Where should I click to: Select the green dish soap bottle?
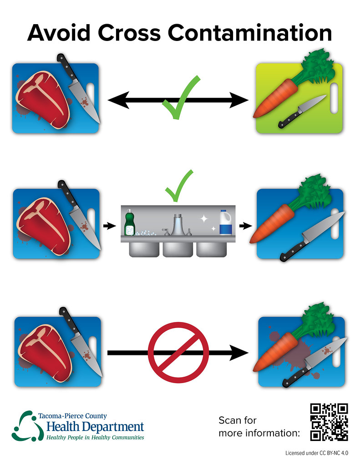click(x=130, y=222)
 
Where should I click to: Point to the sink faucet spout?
click(x=177, y=225)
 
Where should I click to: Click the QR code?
click(x=329, y=422)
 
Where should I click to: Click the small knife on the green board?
click(x=301, y=112)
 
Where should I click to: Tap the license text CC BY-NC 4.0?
click(x=334, y=453)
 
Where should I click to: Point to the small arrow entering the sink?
click(x=109, y=226)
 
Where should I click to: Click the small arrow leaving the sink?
click(x=245, y=226)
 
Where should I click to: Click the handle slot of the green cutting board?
click(x=334, y=98)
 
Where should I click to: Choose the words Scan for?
click(x=237, y=420)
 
